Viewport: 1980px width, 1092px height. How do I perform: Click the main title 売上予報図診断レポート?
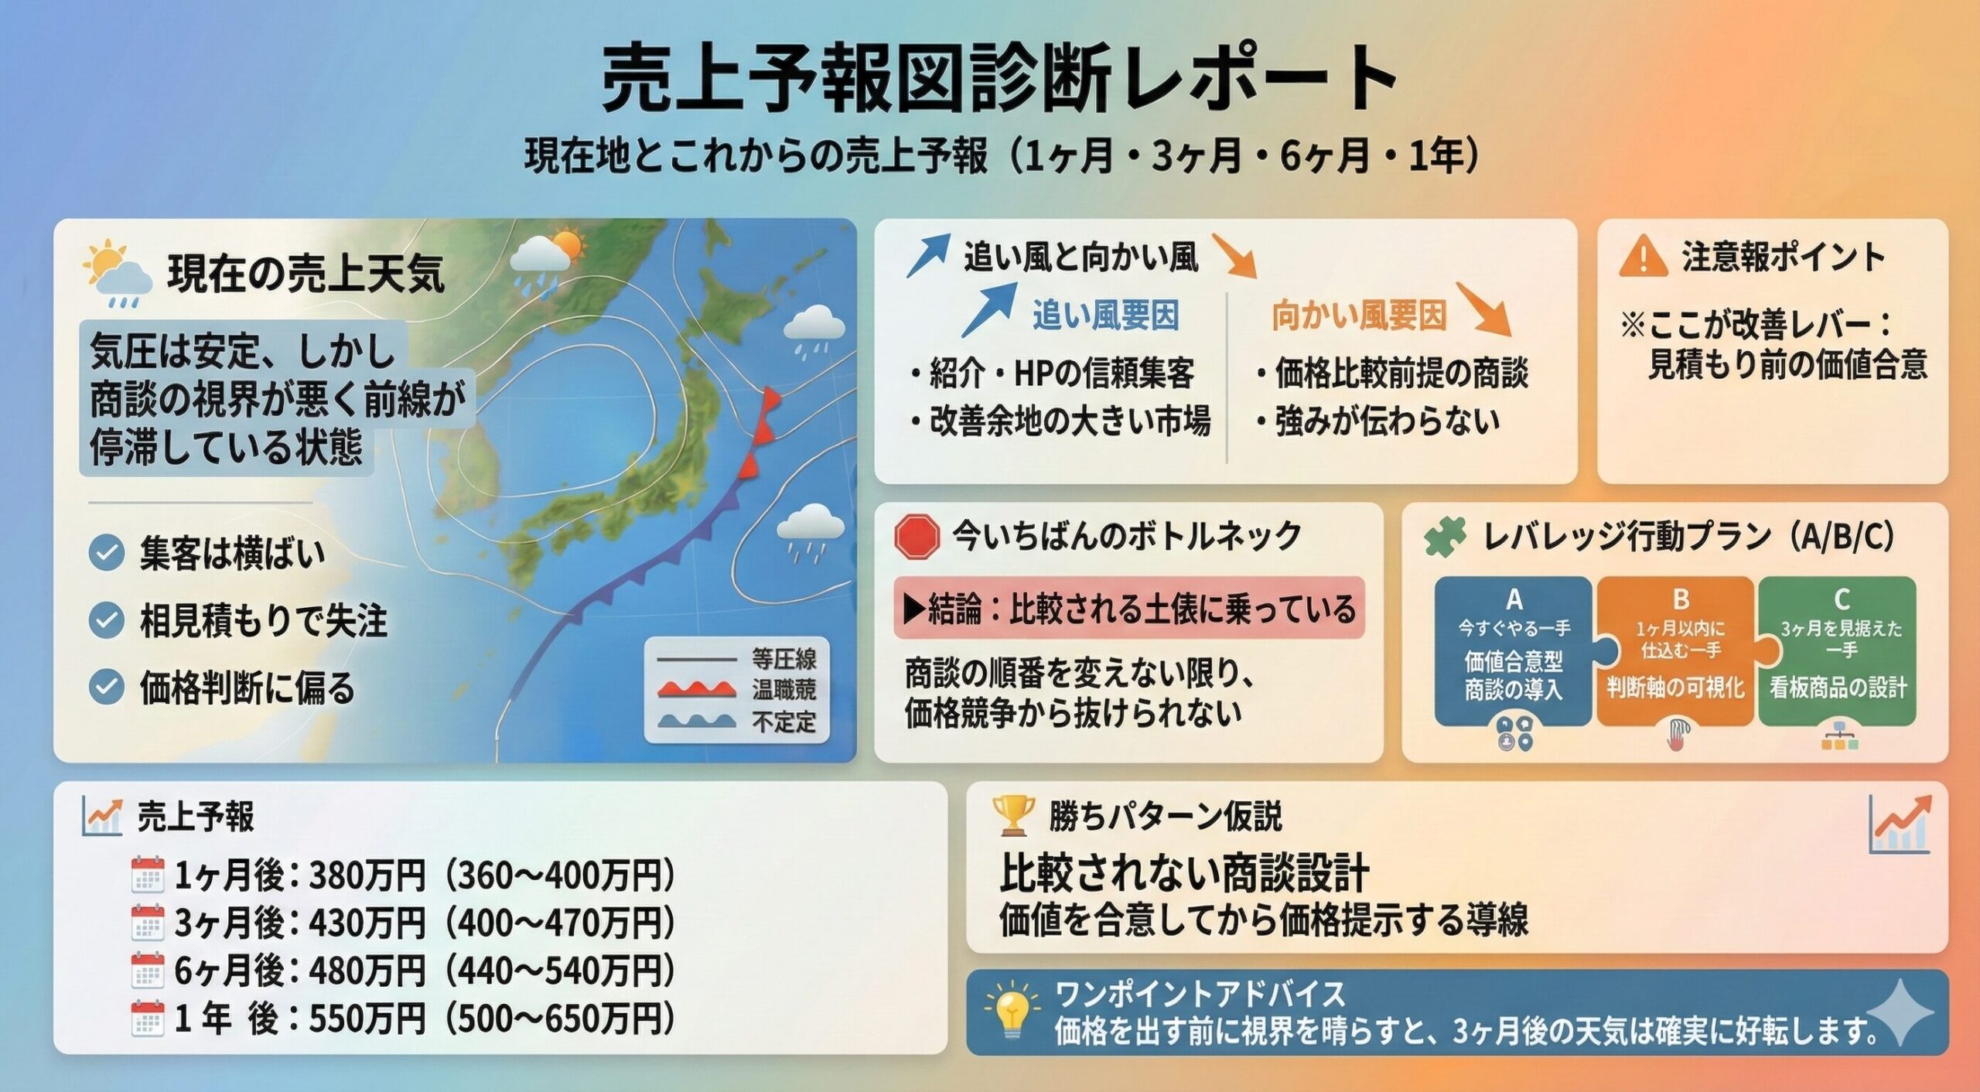tap(999, 77)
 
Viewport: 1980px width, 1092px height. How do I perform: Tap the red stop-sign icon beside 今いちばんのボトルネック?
tap(917, 537)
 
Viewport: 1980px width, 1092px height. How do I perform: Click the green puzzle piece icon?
tap(1445, 537)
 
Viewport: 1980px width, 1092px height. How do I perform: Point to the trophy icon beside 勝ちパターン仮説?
tap(1013, 815)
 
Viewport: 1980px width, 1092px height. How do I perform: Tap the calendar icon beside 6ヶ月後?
tap(147, 971)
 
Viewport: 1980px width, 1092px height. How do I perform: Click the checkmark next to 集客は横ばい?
tap(107, 552)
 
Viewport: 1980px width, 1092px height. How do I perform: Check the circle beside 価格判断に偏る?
tap(107, 688)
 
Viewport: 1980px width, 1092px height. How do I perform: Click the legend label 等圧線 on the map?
tap(783, 660)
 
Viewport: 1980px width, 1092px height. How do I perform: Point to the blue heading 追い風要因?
tap(1105, 316)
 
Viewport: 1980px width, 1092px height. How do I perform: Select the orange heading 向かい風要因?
tap(1359, 316)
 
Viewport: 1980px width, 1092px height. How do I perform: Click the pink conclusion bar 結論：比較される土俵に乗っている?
tap(1129, 608)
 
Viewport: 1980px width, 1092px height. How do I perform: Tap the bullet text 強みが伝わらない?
tap(1387, 421)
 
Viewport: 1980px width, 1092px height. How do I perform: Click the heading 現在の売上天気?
tap(306, 273)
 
